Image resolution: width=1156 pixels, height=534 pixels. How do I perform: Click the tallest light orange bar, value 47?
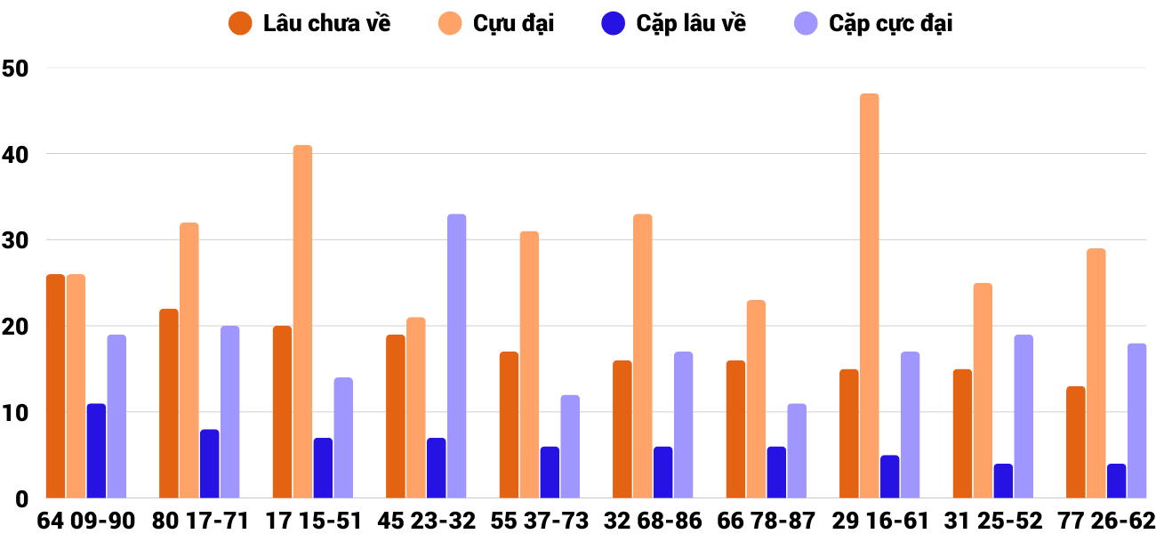(869, 295)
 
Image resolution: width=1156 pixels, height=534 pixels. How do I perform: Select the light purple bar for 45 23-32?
(456, 356)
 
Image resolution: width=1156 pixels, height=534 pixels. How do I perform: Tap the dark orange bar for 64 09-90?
(55, 386)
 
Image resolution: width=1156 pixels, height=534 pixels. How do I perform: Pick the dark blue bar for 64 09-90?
(96, 450)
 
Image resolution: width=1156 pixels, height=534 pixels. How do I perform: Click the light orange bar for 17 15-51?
(302, 321)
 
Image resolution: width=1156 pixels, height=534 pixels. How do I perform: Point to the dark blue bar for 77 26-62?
(1116, 481)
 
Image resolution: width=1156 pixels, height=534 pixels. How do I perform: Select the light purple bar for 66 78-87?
(796, 450)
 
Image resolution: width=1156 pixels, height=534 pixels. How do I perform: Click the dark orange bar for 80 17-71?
(169, 403)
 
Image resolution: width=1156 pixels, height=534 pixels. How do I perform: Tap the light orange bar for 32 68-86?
(642, 356)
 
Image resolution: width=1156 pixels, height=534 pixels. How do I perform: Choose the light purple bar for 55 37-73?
(569, 446)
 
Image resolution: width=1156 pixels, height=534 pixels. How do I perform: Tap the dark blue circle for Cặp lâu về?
(614, 23)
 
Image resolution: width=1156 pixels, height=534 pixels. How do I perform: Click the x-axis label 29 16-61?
(871, 521)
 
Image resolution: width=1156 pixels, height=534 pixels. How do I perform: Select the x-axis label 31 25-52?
(985, 521)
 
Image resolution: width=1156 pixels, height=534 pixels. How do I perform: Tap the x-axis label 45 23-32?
(426, 521)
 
